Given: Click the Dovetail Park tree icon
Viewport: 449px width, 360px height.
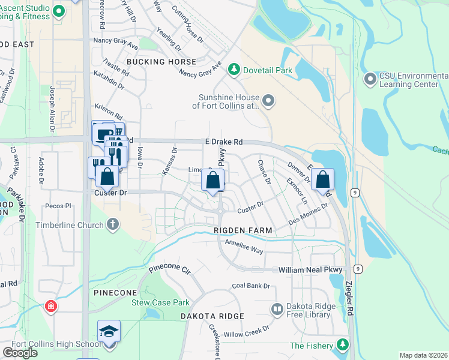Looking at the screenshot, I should coord(234,70).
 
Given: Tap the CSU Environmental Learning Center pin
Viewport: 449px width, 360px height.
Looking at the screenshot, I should coord(370,79).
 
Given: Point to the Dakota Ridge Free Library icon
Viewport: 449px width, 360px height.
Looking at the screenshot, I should coord(277,310).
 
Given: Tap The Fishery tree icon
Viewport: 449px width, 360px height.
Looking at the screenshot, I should coord(342,345).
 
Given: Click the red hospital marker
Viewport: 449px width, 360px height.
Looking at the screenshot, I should coord(52,307).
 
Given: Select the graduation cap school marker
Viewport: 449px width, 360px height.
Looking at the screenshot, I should coord(109,332).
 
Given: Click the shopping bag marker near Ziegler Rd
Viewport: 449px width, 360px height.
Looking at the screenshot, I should coord(322,179).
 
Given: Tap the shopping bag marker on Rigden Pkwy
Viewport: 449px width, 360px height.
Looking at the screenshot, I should coord(212,180).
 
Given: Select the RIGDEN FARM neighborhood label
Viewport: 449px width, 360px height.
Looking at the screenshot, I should coord(243,230).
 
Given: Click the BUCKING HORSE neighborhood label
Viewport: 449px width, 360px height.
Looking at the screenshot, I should coord(161,62).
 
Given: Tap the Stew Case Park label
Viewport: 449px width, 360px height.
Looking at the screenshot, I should coord(160,302).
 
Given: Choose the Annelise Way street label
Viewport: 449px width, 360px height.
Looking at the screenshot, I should coord(244,246).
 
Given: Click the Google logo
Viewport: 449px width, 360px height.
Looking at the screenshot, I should coord(20,353).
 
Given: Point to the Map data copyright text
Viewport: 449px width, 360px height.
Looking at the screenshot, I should coord(423,355).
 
